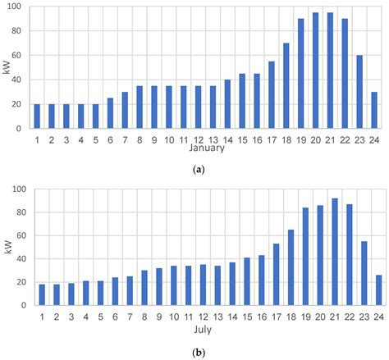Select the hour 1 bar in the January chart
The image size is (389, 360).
tap(37, 116)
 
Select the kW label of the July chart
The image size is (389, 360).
tap(7, 248)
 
